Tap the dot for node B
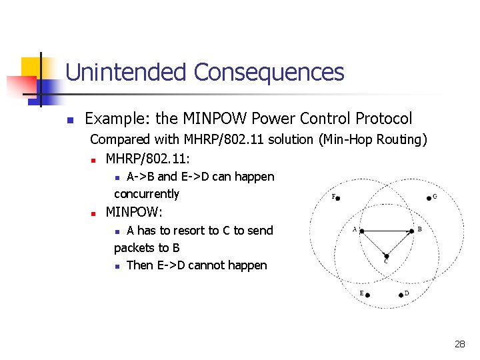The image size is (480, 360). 410,231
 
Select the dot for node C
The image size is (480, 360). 386,255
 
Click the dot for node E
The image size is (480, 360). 368,294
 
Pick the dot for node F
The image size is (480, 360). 339,198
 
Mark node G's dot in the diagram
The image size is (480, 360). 429,198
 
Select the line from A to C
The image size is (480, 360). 374,243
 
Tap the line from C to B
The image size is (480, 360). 398,243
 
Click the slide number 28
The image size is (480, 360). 459,344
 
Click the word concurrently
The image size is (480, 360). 147,194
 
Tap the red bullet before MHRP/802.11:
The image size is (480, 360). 95,161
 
